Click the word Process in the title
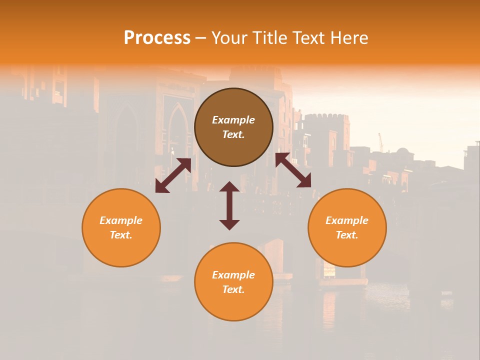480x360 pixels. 157,38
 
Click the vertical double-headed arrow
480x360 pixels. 229,205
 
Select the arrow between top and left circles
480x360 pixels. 173,175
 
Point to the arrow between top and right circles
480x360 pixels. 293,170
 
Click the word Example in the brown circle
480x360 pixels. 233,120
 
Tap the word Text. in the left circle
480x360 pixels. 121,235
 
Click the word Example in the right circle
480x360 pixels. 347,220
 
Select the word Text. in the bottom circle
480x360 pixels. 233,289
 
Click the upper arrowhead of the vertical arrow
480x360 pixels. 229,186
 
